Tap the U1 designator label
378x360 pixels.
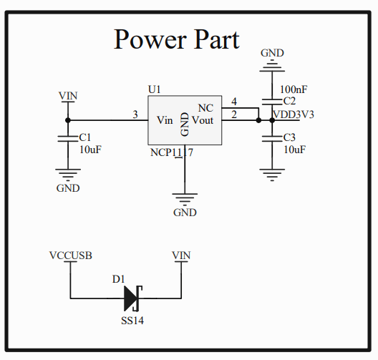[155, 89]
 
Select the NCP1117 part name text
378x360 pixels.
[171, 152]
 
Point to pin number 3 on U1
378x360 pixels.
[135, 114]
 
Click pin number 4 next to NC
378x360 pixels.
[233, 102]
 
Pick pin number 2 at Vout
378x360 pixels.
[233, 114]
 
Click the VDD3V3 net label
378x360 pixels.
[293, 115]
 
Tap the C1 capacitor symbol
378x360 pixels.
[68, 137]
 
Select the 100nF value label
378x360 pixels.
[294, 89]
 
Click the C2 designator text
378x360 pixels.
[289, 102]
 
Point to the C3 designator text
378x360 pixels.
[289, 137]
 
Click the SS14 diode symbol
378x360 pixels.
[133, 297]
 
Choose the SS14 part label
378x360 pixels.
[132, 321]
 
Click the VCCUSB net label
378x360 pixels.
[70, 255]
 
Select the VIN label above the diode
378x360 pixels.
[182, 255]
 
